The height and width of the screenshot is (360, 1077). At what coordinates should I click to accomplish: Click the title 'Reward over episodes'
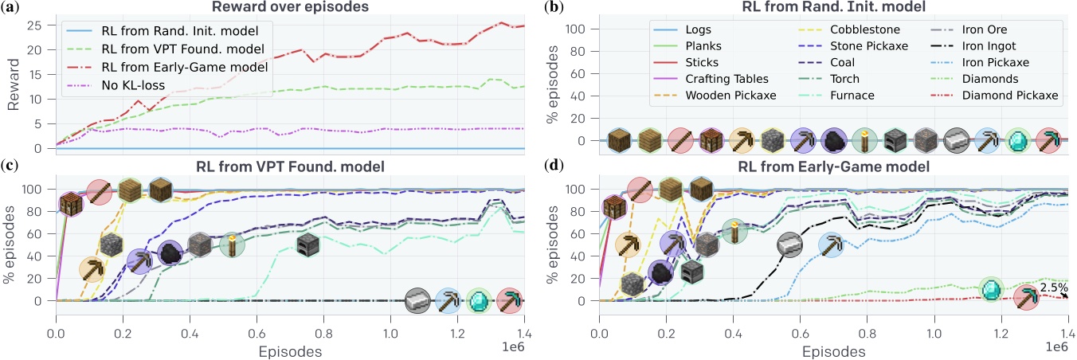[x=291, y=8]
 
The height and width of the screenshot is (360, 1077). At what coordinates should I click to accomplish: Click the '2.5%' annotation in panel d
[x=1053, y=288]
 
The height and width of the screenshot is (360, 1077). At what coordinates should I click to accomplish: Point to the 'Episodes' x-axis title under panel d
[x=834, y=350]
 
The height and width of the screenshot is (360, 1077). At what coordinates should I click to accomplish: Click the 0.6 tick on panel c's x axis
[x=256, y=331]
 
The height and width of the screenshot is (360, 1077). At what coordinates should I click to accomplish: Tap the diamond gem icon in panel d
[x=990, y=288]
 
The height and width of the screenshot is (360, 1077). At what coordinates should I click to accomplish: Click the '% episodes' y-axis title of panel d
[x=554, y=245]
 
